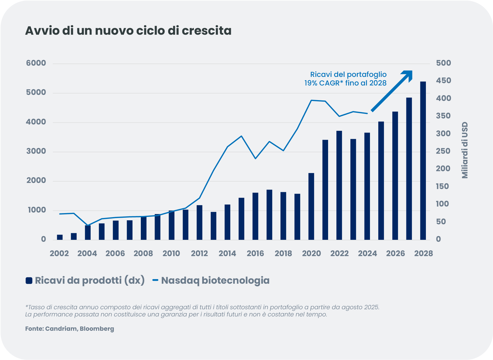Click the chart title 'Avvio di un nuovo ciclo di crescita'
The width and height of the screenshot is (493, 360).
pyautogui.click(x=128, y=31)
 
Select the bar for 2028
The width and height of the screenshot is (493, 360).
pyautogui.click(x=423, y=161)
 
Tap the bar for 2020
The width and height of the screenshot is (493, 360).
pyautogui.click(x=311, y=207)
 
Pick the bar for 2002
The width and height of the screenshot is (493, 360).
pyautogui.click(x=60, y=237)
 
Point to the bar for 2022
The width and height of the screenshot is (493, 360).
pyautogui.click(x=339, y=185)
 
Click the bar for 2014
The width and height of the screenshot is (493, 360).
pyautogui.click(x=227, y=222)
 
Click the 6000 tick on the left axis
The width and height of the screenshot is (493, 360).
pyautogui.click(x=36, y=63)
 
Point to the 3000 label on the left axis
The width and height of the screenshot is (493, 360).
pyautogui.click(x=36, y=151)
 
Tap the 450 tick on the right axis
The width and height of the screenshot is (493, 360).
pyautogui.click(x=443, y=81)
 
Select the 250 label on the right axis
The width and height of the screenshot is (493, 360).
pyautogui.click(x=443, y=151)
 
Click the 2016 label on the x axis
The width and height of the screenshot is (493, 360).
pyautogui.click(x=255, y=254)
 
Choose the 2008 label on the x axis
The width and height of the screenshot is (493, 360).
pyautogui.click(x=143, y=254)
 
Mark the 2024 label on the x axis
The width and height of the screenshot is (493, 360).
pyautogui.click(x=367, y=254)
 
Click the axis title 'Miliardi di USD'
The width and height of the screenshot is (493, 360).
pyautogui.click(x=465, y=150)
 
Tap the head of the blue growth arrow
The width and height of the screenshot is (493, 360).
pyautogui.click(x=408, y=75)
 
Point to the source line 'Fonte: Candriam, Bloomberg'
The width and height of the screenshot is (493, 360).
pyautogui.click(x=70, y=329)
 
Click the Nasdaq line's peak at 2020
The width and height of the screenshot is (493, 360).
pyautogui.click(x=311, y=100)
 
